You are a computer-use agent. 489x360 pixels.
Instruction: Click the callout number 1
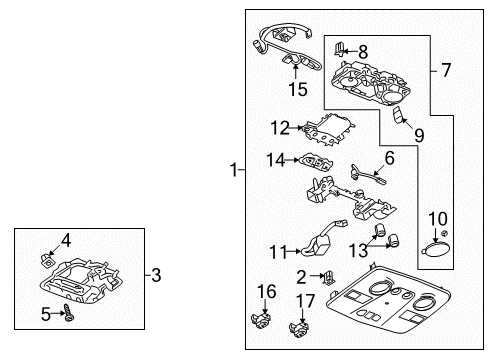[x=233, y=171]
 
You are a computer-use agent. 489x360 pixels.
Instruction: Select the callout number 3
[x=154, y=272]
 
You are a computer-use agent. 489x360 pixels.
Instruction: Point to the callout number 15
[x=298, y=90]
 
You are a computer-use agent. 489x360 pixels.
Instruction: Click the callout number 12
[x=280, y=127]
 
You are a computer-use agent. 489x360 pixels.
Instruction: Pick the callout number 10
[x=438, y=219]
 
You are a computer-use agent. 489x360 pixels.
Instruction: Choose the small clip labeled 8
[x=341, y=48]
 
